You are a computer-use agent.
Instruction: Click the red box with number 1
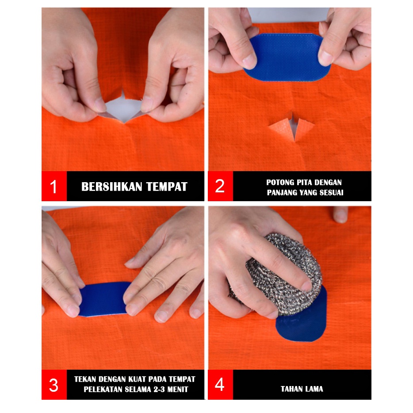[x=54, y=186]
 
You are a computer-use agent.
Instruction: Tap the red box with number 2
[x=221, y=186]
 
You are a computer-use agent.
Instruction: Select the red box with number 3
[x=54, y=385]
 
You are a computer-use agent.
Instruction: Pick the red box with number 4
[x=221, y=385]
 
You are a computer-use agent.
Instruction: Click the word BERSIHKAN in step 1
[x=112, y=187]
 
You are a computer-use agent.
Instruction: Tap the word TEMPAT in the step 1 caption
[x=167, y=187]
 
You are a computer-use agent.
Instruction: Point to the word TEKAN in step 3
[x=85, y=379]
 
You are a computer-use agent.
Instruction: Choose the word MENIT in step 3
[x=178, y=389]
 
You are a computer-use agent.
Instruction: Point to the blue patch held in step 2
[x=287, y=57]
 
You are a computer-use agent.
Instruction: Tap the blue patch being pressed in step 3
[x=104, y=299]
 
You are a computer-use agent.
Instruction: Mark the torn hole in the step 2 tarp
[x=292, y=127]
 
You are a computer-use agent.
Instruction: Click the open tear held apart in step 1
[x=124, y=107]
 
